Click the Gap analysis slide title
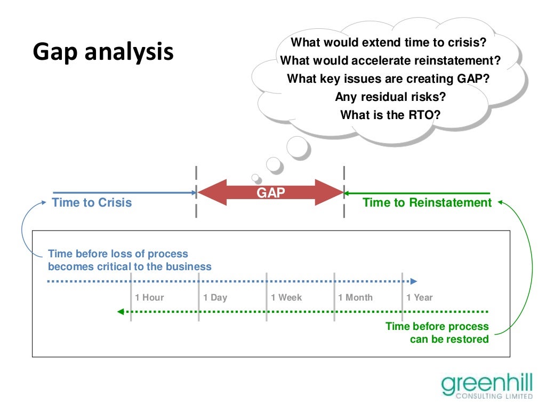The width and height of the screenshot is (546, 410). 103,52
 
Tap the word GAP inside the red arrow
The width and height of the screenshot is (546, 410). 271,193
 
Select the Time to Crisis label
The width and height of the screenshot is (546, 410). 92,202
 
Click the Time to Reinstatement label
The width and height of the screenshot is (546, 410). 427,202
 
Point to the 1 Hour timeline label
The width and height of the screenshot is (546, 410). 149,297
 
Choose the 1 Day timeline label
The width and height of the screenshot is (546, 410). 215,297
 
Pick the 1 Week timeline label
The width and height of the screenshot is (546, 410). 286,297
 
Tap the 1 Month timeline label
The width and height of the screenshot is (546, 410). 356,297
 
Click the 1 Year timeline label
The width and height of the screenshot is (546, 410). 420,297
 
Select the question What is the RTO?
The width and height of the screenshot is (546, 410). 390,115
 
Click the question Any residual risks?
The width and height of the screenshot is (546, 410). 390,97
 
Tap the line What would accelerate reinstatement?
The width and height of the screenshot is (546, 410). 390,60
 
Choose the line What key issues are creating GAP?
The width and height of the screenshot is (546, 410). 389,78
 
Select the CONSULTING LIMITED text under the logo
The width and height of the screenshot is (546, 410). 494,397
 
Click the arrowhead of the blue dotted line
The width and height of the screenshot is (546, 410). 414,281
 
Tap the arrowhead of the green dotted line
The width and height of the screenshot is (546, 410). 121,312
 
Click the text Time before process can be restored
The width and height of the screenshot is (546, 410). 437,333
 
